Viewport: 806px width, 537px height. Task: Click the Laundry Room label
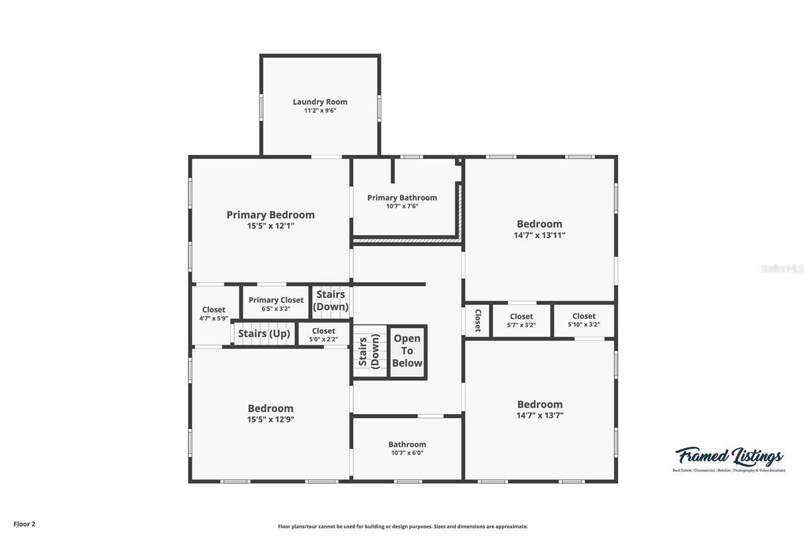coord(320,102)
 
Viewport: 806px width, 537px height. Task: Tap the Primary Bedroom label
coord(271,215)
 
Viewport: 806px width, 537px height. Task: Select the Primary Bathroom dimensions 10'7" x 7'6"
coord(402,206)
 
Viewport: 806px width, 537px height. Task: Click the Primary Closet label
coord(276,300)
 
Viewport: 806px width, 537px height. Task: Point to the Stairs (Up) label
coord(264,333)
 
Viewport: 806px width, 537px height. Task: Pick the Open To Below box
coord(408,351)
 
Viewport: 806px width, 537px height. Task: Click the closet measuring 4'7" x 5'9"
coord(214,314)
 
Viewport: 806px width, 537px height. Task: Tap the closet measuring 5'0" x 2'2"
coord(323,334)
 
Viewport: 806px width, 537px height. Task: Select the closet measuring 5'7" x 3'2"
coord(521,320)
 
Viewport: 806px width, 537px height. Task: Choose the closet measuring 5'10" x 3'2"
coord(584,320)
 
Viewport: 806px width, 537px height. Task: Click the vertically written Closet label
coord(478,320)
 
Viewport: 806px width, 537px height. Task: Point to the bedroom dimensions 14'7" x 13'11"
coord(540,235)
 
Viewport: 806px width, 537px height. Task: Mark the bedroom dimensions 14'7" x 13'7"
coord(540,416)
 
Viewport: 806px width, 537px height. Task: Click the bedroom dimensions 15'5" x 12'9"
coord(271,420)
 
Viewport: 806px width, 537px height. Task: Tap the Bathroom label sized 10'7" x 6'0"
coord(407,444)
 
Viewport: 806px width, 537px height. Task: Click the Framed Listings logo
coord(729,458)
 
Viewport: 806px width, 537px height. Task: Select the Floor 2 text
coord(24,524)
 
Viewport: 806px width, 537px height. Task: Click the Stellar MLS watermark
coord(782,268)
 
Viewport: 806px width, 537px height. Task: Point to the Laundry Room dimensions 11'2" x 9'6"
coord(320,110)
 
